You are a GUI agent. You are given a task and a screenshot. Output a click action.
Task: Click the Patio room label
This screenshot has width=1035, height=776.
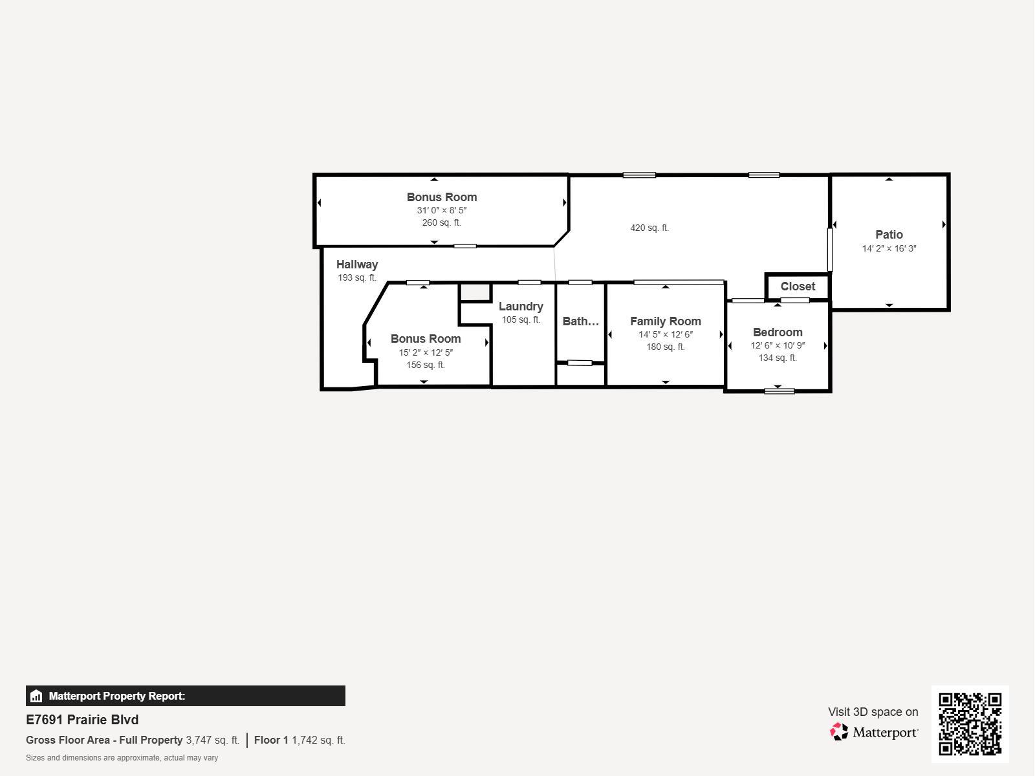tap(889, 234)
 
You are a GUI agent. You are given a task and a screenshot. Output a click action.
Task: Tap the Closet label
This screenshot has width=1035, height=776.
tap(798, 286)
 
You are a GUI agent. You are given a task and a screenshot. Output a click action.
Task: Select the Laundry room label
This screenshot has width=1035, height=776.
tap(521, 307)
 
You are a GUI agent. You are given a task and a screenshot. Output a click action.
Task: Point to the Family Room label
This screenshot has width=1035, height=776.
tap(666, 321)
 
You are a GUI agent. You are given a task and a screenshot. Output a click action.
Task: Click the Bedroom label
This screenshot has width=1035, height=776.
tap(778, 332)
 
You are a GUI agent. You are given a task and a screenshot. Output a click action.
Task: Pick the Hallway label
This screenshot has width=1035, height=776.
tap(357, 264)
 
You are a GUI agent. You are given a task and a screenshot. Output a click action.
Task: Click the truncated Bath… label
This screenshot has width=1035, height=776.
tap(580, 321)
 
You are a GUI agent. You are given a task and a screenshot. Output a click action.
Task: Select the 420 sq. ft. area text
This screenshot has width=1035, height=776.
tap(649, 228)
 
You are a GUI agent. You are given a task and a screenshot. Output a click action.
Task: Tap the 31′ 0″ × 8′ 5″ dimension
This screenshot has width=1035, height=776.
tap(441, 210)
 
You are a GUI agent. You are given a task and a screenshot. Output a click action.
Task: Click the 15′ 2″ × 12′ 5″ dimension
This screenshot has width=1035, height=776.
tap(425, 352)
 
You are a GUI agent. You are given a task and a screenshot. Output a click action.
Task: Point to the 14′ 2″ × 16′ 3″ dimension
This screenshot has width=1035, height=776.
tap(889, 248)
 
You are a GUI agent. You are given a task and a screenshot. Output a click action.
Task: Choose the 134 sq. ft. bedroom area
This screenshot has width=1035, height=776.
tap(778, 358)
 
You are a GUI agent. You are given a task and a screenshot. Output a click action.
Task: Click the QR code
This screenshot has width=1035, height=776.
tap(970, 724)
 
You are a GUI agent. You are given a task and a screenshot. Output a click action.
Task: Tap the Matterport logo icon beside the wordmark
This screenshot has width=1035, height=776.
tap(839, 732)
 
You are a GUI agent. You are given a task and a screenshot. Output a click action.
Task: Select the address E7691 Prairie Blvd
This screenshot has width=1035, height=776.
tap(82, 720)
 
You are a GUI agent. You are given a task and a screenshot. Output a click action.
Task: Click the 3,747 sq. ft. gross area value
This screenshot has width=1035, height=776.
tap(213, 740)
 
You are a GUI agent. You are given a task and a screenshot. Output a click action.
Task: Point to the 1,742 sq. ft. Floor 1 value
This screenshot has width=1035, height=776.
tap(318, 740)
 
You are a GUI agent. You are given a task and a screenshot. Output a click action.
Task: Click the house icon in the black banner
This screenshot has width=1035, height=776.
tap(36, 696)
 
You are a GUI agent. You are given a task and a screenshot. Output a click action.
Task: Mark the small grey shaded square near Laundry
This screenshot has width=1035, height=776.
tap(475, 292)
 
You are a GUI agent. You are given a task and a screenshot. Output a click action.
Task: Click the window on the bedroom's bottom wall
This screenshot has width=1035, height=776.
tap(779, 391)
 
